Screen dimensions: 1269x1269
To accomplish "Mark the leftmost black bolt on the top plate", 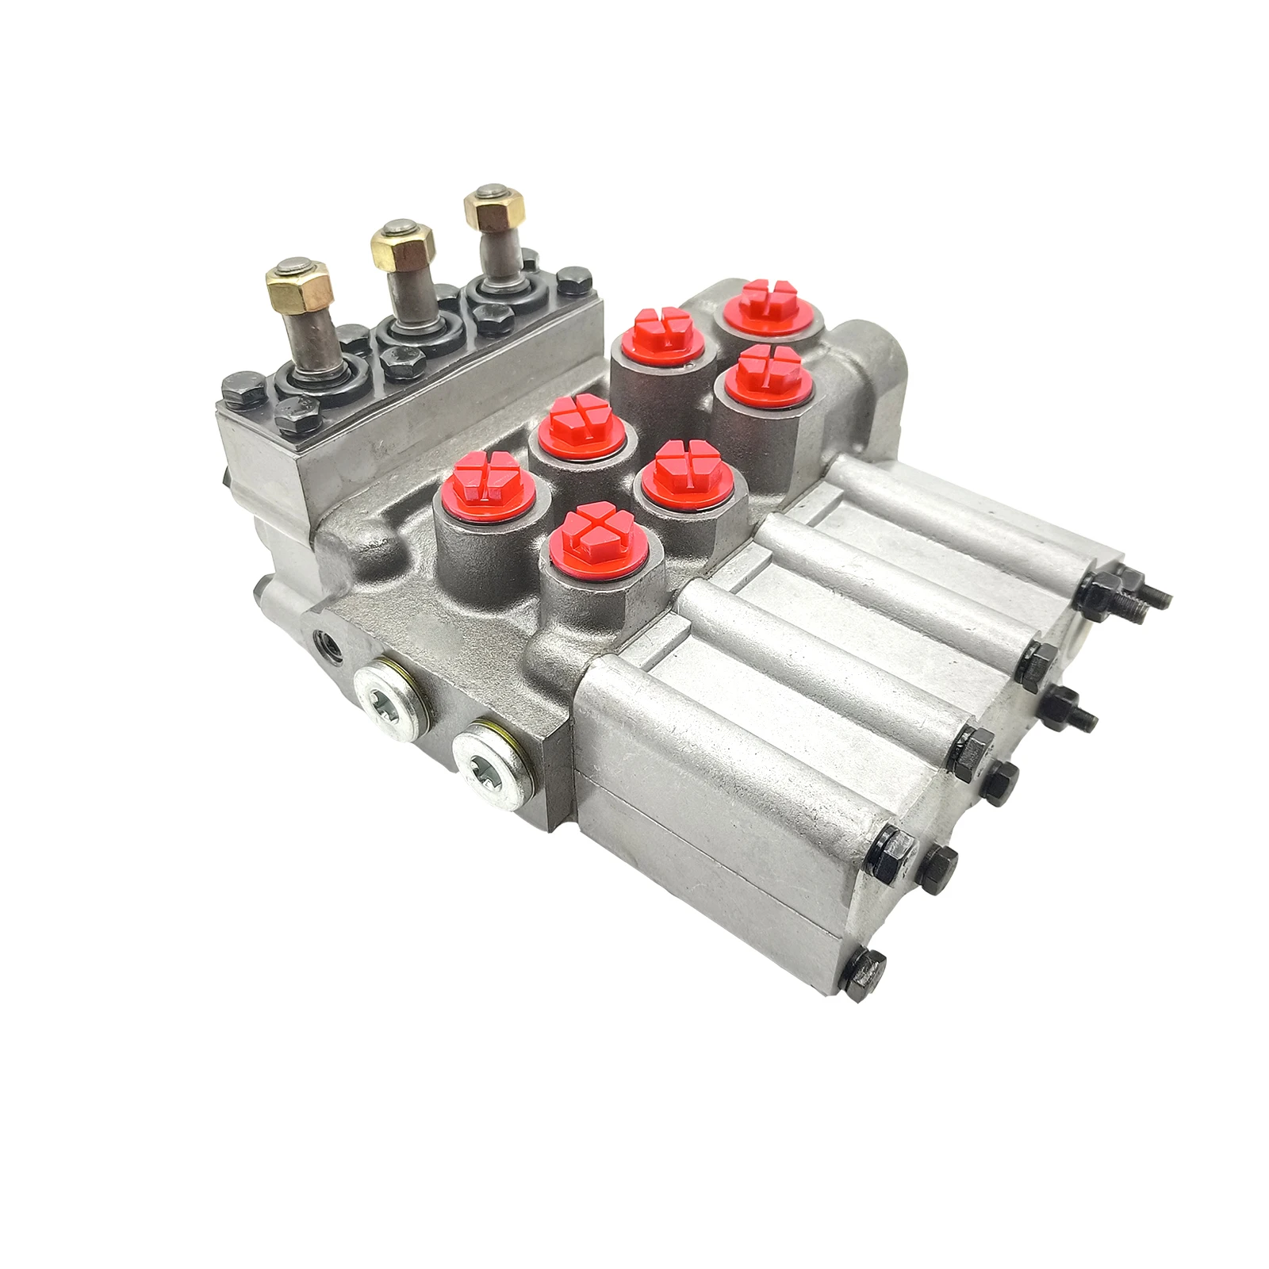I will [239, 389].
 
